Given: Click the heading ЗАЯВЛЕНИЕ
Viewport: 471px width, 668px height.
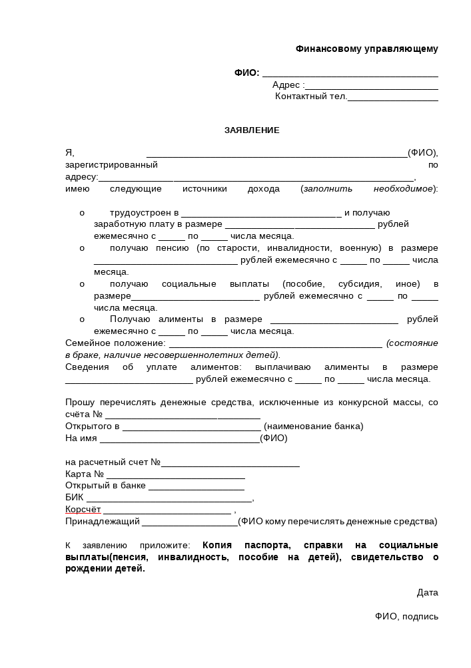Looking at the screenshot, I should point(252,130).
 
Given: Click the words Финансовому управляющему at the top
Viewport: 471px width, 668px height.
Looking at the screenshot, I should point(366,49).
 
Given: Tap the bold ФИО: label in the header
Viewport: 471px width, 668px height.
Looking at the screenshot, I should point(246,73).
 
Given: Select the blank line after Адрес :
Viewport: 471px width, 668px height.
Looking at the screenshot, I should point(371,86).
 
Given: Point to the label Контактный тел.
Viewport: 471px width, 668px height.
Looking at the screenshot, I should point(311,96).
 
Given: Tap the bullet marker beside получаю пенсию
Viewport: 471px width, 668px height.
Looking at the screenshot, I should point(82,248).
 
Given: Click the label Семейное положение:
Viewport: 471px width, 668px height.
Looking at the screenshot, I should point(115,343).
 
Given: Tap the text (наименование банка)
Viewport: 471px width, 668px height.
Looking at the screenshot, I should point(314,426).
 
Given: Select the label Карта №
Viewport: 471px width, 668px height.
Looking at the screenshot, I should point(85,474).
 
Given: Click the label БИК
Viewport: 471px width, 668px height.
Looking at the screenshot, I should point(74,498).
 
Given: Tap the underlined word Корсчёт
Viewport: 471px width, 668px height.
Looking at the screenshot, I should point(83,510).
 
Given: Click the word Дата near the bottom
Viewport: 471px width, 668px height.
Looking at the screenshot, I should point(427,592).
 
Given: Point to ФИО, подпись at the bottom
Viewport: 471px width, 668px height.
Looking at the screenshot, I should point(406,616).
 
